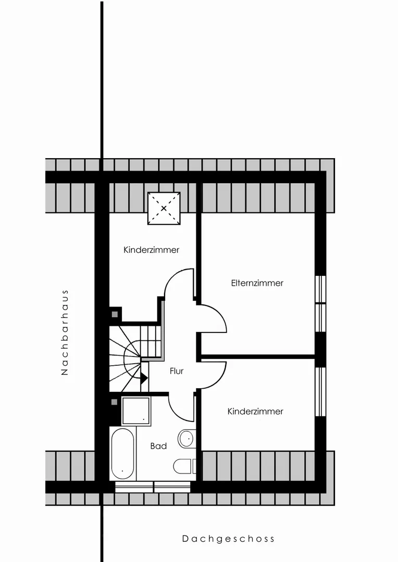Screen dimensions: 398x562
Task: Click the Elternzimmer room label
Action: [257, 283]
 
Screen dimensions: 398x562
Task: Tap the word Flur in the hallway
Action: [177, 372]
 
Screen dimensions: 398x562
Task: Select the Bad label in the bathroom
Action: [158, 446]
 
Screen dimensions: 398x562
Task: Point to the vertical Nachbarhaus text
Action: [65, 332]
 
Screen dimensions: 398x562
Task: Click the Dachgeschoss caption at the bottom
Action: [228, 539]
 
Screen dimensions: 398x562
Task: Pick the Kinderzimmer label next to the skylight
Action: [152, 250]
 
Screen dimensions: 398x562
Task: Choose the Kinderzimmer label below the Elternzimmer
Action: [255, 412]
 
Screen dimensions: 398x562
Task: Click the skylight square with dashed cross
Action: [164, 208]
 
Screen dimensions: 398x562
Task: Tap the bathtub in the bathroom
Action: [122, 454]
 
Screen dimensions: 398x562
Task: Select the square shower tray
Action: [136, 411]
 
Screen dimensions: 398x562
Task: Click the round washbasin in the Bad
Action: [186, 438]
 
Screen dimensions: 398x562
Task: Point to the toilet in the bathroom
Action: [184, 466]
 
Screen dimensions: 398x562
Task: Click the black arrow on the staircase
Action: [144, 378]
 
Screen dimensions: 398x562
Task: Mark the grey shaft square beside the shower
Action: [115, 402]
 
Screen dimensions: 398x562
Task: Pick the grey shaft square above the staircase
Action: [115, 314]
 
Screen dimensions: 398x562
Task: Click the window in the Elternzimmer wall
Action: [320, 304]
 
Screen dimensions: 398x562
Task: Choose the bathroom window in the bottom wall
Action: [153, 487]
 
